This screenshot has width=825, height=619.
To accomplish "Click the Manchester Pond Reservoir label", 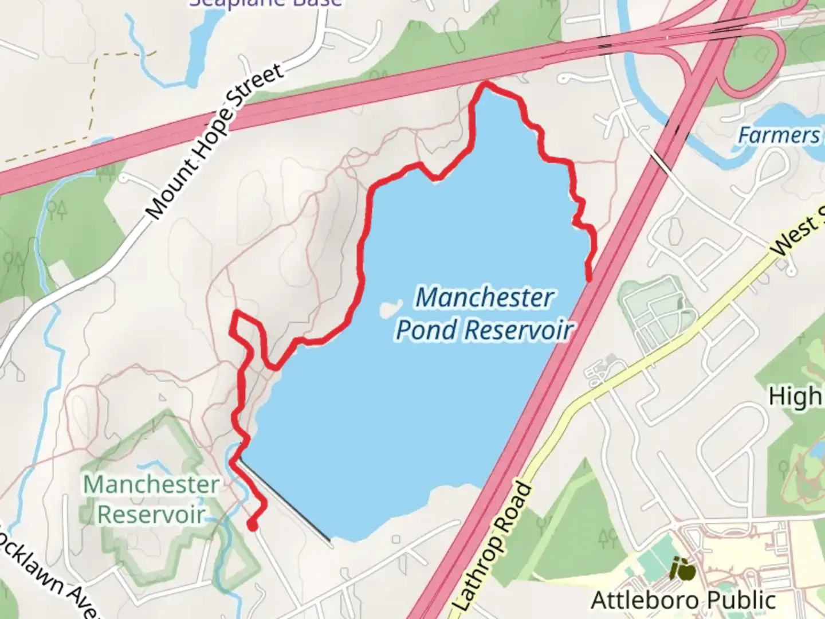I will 485,314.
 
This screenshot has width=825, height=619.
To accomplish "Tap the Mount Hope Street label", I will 215,140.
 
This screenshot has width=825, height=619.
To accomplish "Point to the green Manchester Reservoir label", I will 151,499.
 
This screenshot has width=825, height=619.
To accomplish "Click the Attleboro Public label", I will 683,601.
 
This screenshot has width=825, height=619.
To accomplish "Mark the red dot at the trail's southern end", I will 252,524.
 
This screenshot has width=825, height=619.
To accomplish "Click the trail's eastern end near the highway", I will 589,279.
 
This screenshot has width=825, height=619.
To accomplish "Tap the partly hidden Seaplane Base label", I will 266,3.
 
